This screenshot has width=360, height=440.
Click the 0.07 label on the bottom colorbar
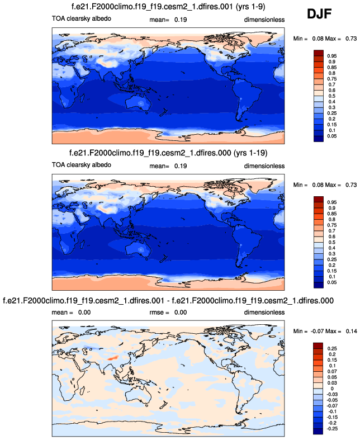click(332, 371)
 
